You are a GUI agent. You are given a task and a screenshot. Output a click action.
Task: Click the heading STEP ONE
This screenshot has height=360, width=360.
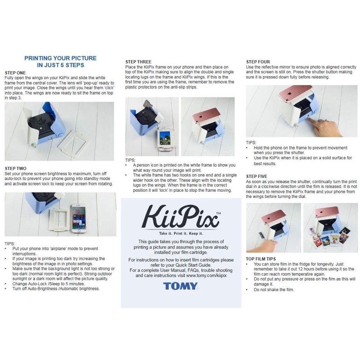coord(15,73)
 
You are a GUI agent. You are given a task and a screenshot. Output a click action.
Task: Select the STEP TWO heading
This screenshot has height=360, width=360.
coord(16,168)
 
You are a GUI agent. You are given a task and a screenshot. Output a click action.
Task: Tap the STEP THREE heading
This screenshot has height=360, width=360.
coord(138,62)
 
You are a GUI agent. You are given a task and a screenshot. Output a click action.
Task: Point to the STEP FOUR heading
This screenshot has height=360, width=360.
coord(258,62)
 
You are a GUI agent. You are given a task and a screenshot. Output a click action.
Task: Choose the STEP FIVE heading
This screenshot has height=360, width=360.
coord(256,176)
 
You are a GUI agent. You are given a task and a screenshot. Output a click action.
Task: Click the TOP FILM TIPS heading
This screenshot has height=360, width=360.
coord(261,259)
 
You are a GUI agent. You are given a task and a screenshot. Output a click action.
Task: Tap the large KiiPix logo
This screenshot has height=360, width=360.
coord(181,216)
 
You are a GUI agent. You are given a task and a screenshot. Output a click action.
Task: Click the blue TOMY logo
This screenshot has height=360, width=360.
coord(180,286)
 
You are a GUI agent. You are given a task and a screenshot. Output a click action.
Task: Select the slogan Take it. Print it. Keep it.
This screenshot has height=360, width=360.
coord(181,234)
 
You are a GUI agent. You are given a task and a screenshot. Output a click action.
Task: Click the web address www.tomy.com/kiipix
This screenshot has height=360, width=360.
coord(206,275)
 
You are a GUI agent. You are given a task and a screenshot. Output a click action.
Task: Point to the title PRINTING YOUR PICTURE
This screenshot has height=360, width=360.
coord(60,58)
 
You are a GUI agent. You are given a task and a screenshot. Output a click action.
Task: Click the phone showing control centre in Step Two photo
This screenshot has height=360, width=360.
coord(79,218)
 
